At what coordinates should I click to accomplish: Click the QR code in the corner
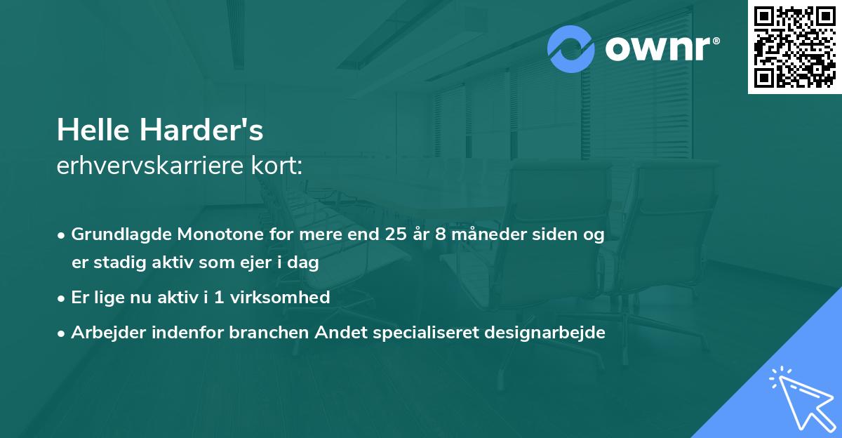point(794,47)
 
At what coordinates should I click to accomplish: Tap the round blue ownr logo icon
point(571,49)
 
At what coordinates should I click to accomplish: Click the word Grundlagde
point(123,234)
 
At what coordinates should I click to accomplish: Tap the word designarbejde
point(544,333)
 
